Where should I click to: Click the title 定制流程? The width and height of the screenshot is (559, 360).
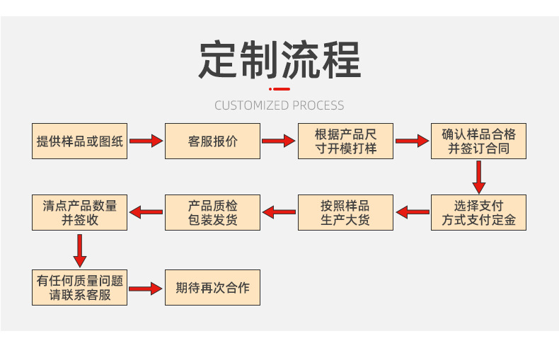[x=279, y=60]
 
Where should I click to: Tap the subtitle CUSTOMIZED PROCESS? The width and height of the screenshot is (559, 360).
[x=279, y=105]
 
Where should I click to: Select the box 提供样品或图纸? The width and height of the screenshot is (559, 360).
[x=80, y=141]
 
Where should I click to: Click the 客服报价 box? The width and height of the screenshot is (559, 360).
[x=213, y=141]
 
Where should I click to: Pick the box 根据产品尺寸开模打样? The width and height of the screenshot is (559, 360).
[x=345, y=141]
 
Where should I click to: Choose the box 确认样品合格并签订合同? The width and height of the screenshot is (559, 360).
[x=478, y=141]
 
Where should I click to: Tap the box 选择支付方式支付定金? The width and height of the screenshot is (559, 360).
[x=478, y=212]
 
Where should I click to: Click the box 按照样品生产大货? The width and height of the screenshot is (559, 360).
[x=345, y=212]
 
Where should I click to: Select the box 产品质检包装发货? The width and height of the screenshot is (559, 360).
[x=213, y=212]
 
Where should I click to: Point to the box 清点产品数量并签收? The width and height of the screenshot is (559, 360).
[x=80, y=212]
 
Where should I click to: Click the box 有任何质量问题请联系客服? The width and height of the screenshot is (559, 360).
[x=80, y=287]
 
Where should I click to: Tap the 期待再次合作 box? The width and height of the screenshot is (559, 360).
[x=213, y=287]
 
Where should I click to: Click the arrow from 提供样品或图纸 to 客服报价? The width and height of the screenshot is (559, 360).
[x=146, y=141]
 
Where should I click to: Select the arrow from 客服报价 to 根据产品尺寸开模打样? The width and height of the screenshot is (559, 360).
[x=278, y=141]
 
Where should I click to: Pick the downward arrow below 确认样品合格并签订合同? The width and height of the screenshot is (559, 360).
[x=479, y=176]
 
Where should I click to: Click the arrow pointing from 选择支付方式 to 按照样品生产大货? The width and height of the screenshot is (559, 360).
[x=412, y=211]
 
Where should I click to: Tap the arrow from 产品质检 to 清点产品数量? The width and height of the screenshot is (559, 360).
[x=146, y=211]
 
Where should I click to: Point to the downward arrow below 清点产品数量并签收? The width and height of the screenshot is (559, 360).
[x=80, y=249]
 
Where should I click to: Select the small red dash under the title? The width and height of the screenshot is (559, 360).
[x=280, y=89]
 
